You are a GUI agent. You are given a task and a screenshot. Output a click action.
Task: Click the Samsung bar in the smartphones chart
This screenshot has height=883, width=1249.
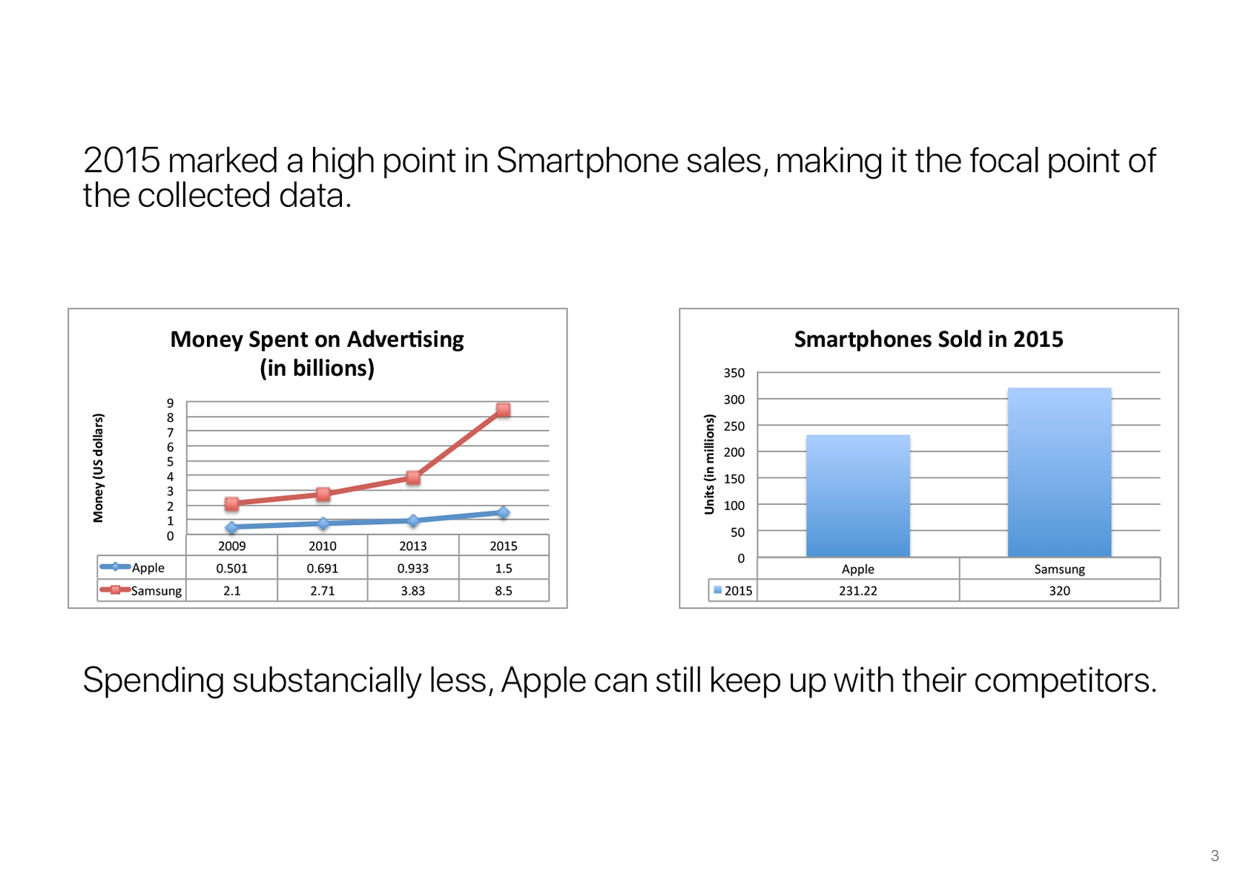[x=1059, y=472]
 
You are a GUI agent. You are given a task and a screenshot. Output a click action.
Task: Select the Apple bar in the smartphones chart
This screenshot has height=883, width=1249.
[x=858, y=495]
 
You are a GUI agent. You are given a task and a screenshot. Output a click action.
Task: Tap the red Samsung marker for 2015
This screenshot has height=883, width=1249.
[x=503, y=410]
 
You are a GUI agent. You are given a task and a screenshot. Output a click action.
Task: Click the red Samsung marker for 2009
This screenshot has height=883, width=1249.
[x=232, y=504]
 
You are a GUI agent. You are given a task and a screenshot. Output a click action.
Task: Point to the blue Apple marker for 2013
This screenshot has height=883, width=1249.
[x=413, y=520]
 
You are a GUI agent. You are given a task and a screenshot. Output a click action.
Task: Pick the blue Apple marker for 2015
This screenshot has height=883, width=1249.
[x=503, y=512]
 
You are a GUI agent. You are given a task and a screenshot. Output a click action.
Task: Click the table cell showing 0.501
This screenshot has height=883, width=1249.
[x=232, y=568]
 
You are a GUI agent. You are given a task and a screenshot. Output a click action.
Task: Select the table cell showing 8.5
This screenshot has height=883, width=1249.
[x=504, y=590]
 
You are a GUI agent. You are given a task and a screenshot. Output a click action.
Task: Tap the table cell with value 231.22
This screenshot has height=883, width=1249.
[x=858, y=590]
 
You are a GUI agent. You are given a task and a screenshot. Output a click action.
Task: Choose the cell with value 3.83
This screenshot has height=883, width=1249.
[x=413, y=590]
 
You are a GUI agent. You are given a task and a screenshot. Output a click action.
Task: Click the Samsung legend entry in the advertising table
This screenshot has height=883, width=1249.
[x=141, y=590]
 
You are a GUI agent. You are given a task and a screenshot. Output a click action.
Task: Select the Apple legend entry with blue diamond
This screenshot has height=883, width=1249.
[x=132, y=567]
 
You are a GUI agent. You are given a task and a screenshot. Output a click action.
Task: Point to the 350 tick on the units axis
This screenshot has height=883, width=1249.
[x=734, y=372]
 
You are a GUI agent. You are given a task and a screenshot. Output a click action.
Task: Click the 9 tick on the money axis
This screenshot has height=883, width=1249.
[x=170, y=403]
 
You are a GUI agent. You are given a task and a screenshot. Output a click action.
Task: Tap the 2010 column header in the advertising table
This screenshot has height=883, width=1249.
[x=323, y=546]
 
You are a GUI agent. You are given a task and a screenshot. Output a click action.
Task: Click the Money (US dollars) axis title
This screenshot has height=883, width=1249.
[x=98, y=468]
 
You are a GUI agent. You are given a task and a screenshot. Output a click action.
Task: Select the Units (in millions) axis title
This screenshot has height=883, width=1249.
[x=709, y=464]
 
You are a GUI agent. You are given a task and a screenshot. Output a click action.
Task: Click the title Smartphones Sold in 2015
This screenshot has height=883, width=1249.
[x=929, y=339]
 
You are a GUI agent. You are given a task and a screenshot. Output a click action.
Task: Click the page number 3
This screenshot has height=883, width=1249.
[x=1215, y=855]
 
